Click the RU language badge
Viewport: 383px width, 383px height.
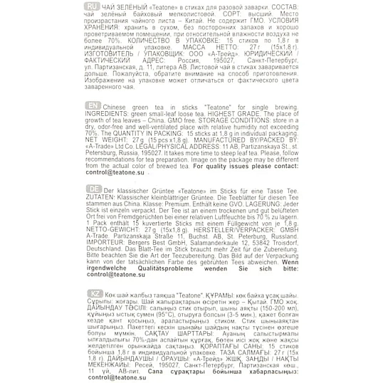(x=92, y=6)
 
